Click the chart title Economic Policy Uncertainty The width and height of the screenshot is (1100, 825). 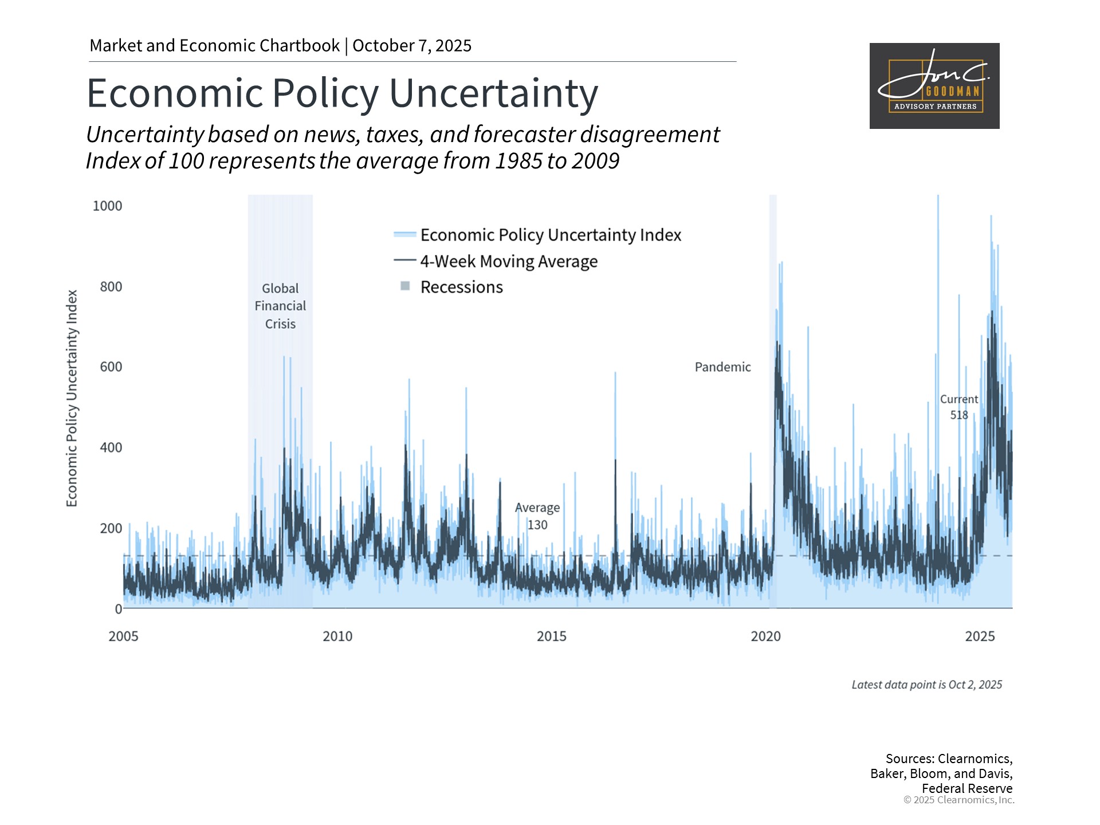click(x=342, y=93)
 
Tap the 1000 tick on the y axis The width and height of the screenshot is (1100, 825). click(x=108, y=206)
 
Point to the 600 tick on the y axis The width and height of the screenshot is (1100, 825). click(x=111, y=367)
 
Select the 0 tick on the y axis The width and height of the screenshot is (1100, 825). click(x=119, y=608)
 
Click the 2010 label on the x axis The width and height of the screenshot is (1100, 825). click(x=337, y=636)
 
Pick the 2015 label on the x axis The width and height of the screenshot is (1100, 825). click(x=551, y=636)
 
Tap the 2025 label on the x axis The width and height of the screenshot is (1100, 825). click(x=980, y=636)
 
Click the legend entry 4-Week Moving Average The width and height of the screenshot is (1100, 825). click(x=509, y=261)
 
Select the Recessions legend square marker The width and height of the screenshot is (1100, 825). click(x=405, y=286)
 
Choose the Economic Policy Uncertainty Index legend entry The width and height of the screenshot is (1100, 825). click(x=551, y=235)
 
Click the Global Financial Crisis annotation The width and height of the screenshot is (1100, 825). click(x=280, y=306)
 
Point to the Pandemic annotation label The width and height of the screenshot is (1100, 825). click(x=722, y=367)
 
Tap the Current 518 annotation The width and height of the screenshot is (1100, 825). click(x=959, y=407)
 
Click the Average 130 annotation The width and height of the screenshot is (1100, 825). click(x=537, y=516)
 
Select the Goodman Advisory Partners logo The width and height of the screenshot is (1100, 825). click(x=934, y=86)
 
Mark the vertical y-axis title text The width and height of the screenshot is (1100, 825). click(x=72, y=398)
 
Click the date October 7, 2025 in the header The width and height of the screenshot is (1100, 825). click(x=412, y=46)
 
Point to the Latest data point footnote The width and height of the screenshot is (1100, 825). click(x=926, y=685)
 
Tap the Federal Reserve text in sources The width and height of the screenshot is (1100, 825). click(x=967, y=788)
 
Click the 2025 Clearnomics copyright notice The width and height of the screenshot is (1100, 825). click(x=958, y=800)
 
